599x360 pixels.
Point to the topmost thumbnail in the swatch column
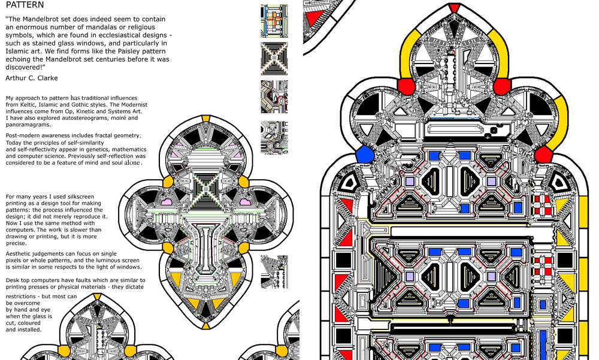point(274,21)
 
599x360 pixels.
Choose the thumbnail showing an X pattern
point(274,58)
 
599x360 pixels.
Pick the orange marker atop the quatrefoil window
point(205,118)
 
